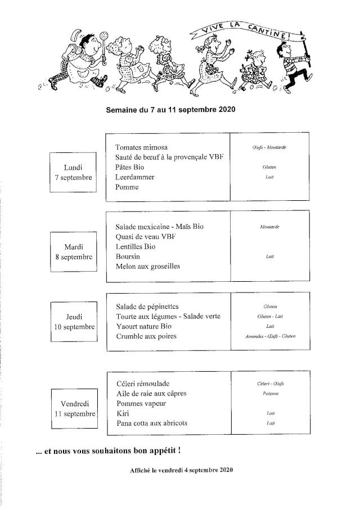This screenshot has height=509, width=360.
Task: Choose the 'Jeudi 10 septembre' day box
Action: (73, 322)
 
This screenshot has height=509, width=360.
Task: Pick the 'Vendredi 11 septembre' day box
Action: (73, 408)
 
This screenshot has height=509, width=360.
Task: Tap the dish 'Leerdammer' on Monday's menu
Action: (135, 177)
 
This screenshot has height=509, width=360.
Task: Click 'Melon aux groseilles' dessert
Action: (147, 267)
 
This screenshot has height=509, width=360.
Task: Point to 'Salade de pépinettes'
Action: (147, 307)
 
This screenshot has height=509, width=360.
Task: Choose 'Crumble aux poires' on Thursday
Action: (146, 336)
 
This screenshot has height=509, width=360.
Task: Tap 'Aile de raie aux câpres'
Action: (151, 393)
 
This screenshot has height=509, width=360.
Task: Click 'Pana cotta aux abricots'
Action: (151, 423)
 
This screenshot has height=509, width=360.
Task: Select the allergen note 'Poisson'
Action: (270, 394)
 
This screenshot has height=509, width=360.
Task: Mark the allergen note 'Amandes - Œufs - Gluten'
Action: (270, 336)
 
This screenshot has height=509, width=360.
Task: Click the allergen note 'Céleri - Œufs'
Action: (270, 384)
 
